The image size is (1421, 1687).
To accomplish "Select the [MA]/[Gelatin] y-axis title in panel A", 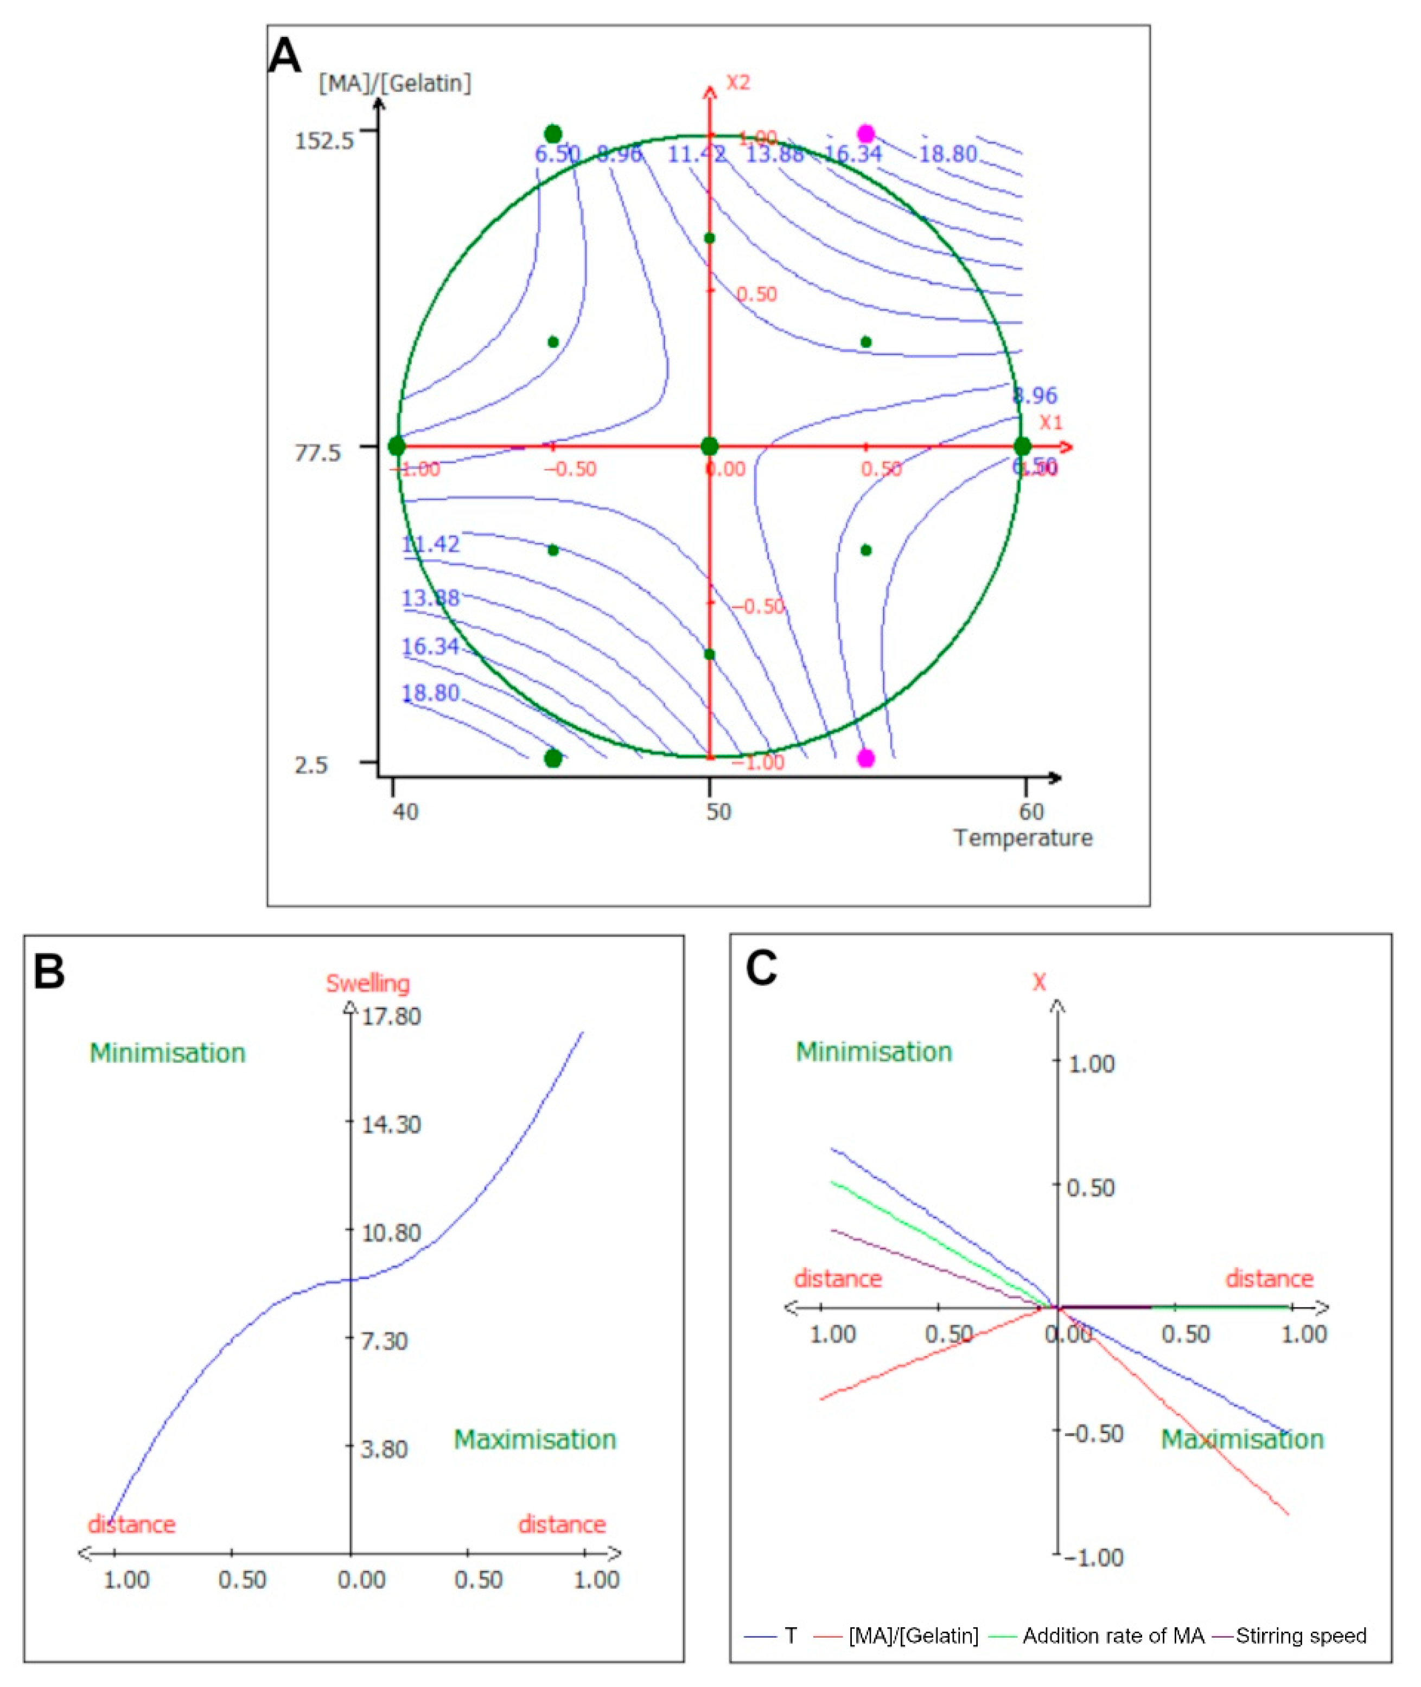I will click(395, 83).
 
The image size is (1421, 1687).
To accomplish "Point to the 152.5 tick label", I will click(324, 141).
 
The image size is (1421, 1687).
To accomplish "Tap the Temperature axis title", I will click(1023, 838).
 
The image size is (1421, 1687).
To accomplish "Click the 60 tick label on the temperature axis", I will click(1031, 811).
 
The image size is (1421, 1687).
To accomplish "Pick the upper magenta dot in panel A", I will click(866, 133).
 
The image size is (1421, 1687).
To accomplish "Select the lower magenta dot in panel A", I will click(866, 758).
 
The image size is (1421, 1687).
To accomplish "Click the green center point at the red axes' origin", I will click(709, 446).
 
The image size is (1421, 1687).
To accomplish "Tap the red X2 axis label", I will click(738, 83).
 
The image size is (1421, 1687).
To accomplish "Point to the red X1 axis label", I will click(1050, 423).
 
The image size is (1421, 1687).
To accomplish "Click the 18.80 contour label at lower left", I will click(430, 693).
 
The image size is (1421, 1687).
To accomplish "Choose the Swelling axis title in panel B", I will click(367, 983).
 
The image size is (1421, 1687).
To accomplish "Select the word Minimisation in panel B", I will click(168, 1053).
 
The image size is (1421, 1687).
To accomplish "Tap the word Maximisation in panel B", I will click(535, 1440).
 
